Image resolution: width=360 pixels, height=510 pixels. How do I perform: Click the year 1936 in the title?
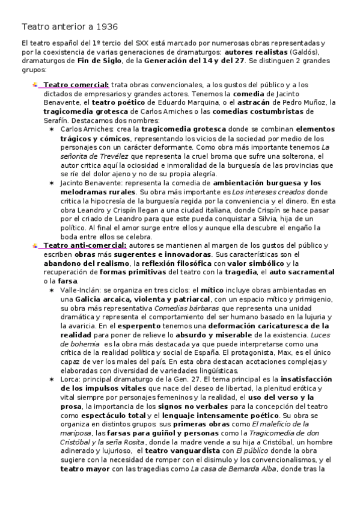pos(106,26)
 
